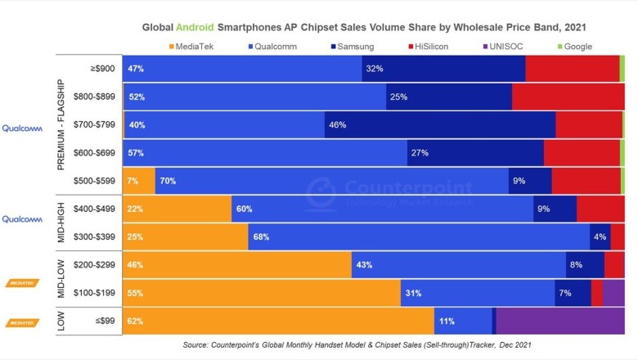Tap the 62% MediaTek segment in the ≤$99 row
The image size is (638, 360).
tap(278, 322)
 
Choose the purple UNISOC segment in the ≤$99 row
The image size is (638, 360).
tap(560, 322)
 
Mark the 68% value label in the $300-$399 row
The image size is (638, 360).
tap(262, 236)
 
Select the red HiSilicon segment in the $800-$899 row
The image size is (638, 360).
tap(568, 97)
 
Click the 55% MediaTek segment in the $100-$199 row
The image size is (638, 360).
tap(261, 293)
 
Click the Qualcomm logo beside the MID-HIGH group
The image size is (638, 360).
tap(22, 219)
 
